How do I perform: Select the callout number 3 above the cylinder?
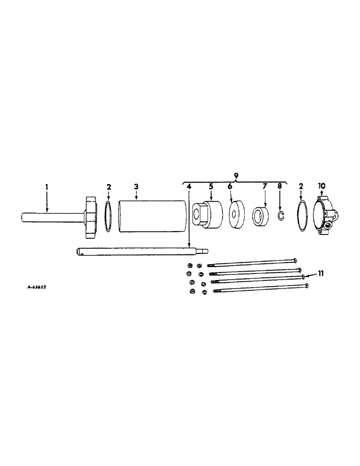click(x=136, y=186)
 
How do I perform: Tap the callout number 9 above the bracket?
click(x=236, y=175)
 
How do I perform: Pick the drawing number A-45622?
click(x=36, y=288)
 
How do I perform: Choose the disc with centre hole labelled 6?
click(x=237, y=215)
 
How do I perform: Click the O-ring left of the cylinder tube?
click(x=108, y=216)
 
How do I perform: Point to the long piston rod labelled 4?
click(x=140, y=253)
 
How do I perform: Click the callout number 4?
click(x=188, y=186)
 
